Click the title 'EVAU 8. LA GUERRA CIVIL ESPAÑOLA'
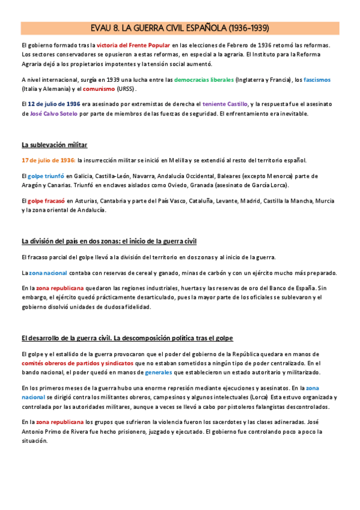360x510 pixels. click(180, 28)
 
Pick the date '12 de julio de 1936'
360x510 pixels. click(54, 103)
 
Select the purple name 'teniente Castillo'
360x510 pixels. click(224, 103)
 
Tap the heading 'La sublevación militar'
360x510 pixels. click(54, 145)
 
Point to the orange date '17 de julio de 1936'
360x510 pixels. click(48, 160)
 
